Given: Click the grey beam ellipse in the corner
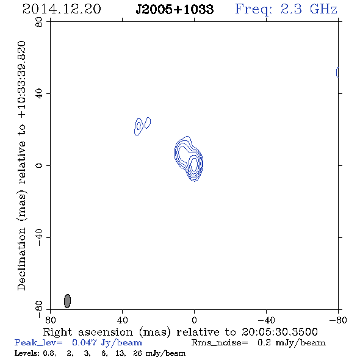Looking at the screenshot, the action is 67,301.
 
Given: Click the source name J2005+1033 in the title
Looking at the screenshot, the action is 175,9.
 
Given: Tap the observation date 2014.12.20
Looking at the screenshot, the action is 62,9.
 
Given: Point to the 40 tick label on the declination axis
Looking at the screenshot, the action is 39,94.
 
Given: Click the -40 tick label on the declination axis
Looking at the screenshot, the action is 39,237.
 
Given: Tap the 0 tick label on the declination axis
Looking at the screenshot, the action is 39,165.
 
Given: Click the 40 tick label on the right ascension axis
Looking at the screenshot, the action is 123,320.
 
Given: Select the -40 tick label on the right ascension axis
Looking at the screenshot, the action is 266,320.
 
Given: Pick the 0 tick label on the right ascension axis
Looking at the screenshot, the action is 194,320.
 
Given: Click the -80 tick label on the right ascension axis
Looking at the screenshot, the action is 338,320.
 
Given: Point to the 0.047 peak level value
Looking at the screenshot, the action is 84,342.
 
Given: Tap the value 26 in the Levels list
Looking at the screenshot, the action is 137,353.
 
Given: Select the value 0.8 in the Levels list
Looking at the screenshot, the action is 49,353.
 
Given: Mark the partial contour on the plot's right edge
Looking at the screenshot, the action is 337,73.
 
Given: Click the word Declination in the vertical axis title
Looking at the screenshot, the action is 21,259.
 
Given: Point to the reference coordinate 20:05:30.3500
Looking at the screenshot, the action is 279,332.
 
